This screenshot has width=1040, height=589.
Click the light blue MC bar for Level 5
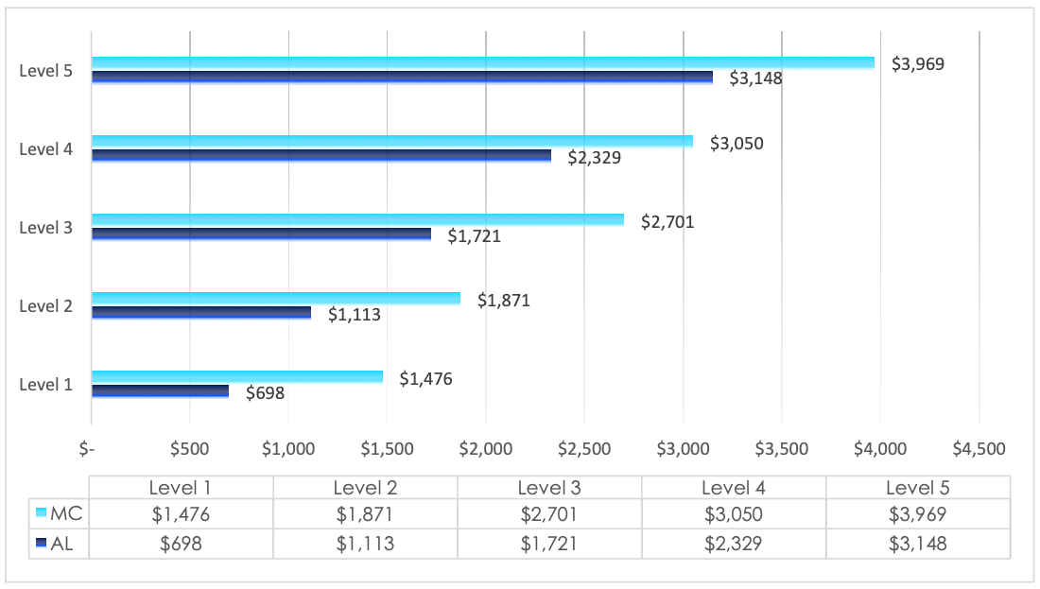coord(482,63)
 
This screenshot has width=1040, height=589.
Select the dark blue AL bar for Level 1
coord(160,391)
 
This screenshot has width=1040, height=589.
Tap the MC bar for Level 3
coord(357,220)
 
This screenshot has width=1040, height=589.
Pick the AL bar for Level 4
coord(321,156)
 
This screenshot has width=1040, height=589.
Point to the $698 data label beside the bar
coord(265,393)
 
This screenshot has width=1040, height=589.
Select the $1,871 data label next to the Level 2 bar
coord(503,301)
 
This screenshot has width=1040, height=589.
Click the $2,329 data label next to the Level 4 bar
coord(594,158)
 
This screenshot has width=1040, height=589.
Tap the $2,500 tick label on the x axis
coord(584,450)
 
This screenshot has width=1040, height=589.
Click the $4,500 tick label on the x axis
coord(979,450)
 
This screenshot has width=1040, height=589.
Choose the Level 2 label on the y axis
coord(45,305)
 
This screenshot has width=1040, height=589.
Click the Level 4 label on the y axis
coord(45,148)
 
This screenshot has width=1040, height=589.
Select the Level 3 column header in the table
coord(549,488)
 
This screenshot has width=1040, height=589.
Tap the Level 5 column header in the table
coord(917,488)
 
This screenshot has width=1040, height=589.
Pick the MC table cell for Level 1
coord(181,514)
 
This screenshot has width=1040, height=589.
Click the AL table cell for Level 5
coord(917,544)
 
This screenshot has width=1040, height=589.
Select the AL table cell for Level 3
coord(549,544)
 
